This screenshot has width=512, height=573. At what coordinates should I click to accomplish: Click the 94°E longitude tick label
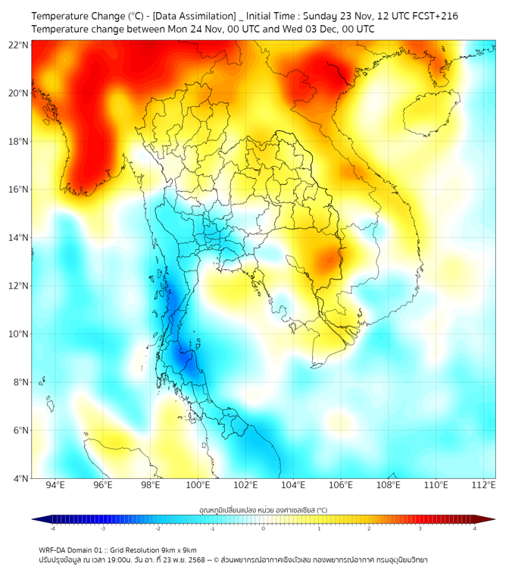pos(55,486)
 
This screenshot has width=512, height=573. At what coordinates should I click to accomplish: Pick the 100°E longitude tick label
pos(198,486)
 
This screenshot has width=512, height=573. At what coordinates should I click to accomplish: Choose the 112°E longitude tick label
pos(483,486)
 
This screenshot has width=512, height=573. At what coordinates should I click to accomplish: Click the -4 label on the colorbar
pos(52,528)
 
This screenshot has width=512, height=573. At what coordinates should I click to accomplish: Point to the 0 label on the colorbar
pos(264,528)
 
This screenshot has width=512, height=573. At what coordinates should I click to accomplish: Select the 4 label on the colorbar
pos(475,528)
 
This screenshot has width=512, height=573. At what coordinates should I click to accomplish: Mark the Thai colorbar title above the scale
pos(263,509)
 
